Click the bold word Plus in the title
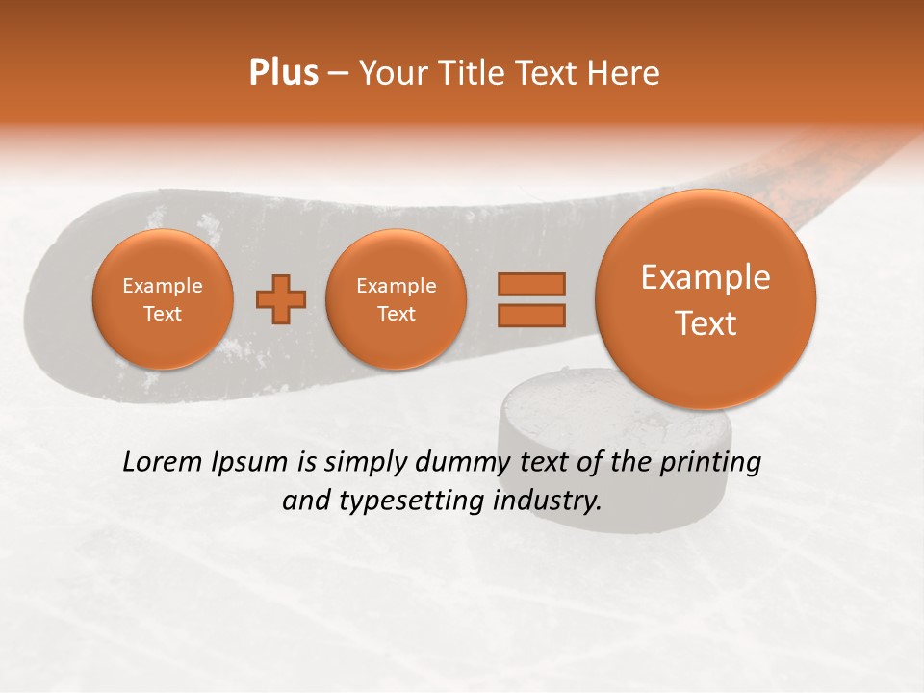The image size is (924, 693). tap(283, 73)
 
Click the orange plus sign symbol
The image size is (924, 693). tap(281, 299)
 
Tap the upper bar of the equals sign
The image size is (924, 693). tap(530, 283)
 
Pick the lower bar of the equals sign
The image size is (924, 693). tap(530, 314)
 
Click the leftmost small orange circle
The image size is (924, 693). tap(162, 299)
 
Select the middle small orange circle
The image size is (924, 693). tap(396, 299)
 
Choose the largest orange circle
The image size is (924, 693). tap(706, 299)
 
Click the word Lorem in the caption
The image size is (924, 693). tap(158, 462)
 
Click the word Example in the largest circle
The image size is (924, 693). tap(706, 277)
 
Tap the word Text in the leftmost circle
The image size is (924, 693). tap(163, 314)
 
